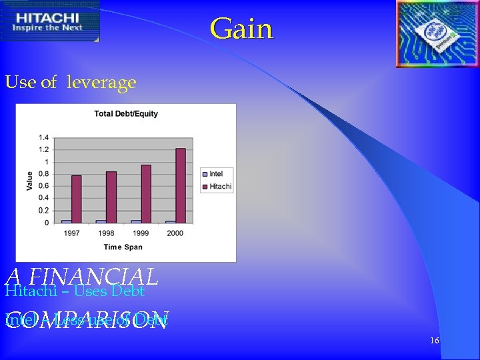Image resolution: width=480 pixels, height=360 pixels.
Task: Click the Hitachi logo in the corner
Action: tap(50, 21)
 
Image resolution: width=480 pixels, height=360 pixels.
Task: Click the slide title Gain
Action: tap(241, 29)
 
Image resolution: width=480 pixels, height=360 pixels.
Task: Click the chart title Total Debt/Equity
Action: tap(126, 113)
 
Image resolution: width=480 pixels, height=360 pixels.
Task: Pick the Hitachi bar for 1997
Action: tap(76, 199)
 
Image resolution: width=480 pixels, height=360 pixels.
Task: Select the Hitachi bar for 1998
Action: tap(111, 197)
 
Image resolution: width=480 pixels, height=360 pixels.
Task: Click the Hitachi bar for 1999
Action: tap(145, 193)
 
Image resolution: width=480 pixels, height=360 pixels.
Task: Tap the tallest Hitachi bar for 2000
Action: tap(180, 185)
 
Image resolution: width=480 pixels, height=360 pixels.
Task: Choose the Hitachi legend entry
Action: tap(217, 187)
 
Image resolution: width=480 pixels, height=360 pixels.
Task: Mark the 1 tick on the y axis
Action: tap(45, 162)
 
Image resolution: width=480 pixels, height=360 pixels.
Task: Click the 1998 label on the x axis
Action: tap(106, 233)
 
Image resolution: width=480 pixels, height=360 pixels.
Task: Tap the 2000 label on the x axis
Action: tap(175, 233)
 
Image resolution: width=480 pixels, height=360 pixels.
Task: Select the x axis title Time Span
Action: tap(123, 247)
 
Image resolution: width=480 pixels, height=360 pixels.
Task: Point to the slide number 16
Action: tap(434, 341)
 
